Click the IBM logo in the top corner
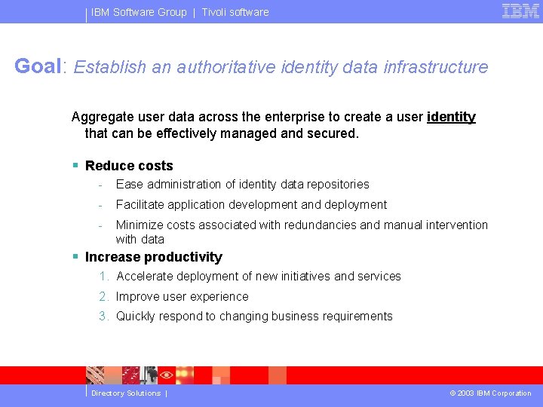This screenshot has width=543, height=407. click(520, 11)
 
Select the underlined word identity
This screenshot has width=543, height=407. click(451, 117)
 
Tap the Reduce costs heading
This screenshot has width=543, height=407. click(129, 166)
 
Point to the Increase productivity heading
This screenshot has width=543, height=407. click(153, 257)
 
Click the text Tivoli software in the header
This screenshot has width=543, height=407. click(235, 12)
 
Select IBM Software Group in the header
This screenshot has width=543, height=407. click(139, 12)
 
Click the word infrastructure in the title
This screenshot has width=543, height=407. click(436, 67)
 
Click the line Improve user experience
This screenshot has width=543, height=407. click(182, 297)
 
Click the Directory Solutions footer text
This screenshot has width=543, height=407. click(126, 393)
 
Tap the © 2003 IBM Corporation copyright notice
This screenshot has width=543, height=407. click(490, 393)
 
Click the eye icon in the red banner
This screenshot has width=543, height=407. click(167, 375)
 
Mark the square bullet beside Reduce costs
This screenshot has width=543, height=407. click(75, 165)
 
